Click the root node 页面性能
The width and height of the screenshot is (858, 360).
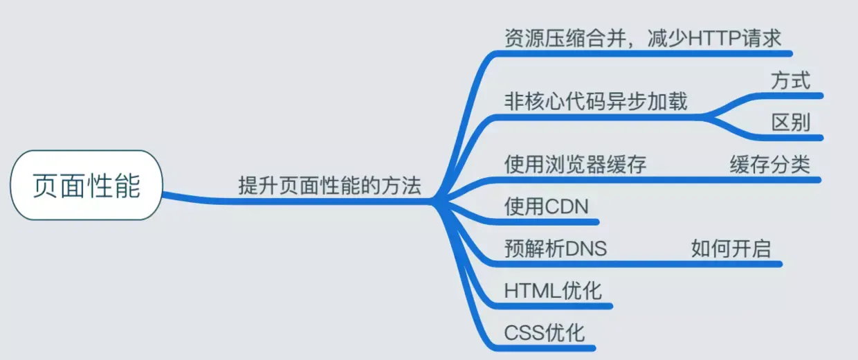[x=86, y=185]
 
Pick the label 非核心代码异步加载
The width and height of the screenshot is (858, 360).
[x=596, y=101]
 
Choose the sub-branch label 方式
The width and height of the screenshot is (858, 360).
[x=790, y=80]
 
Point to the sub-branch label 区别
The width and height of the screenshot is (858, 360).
[x=790, y=123]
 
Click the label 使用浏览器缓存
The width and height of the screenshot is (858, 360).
[x=575, y=165]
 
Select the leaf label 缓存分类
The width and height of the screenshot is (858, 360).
[x=769, y=165]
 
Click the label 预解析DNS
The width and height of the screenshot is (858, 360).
[x=556, y=248]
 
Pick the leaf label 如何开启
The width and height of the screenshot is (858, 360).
[x=731, y=248]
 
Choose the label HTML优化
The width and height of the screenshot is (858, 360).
[x=553, y=290]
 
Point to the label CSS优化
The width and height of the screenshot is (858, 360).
[x=545, y=332]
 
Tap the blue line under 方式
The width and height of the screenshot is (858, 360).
[x=789, y=95]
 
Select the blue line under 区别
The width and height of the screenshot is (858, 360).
[x=789, y=137]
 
